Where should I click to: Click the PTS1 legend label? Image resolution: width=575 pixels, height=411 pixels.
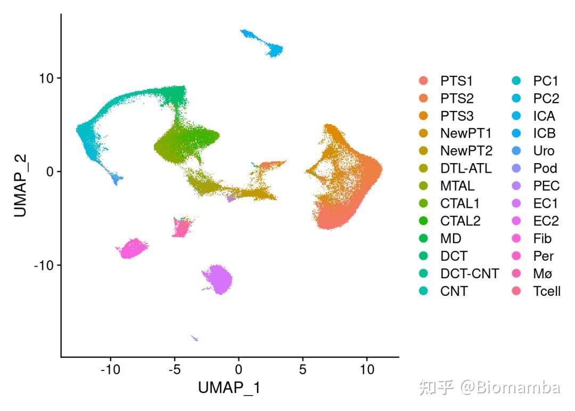point(456,81)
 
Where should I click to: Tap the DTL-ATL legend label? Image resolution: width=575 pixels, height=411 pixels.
point(466,168)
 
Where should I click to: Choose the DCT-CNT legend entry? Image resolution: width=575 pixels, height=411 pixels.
point(470,273)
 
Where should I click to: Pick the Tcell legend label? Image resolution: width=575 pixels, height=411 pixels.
point(547,291)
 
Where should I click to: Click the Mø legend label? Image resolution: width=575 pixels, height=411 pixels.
point(543,273)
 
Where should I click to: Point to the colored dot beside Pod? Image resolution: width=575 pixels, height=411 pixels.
point(516,168)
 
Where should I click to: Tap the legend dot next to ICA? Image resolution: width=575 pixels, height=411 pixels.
point(516,116)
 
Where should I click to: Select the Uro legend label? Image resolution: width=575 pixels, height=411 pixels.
point(544,151)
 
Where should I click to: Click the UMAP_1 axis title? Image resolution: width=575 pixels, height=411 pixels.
point(229,388)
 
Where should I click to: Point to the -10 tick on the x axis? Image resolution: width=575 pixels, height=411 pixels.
point(110,369)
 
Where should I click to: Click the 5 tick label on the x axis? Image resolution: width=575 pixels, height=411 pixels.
point(302,369)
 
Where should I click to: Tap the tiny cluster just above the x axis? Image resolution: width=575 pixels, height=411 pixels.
point(195,338)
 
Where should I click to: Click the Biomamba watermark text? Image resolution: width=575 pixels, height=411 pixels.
point(510,388)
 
